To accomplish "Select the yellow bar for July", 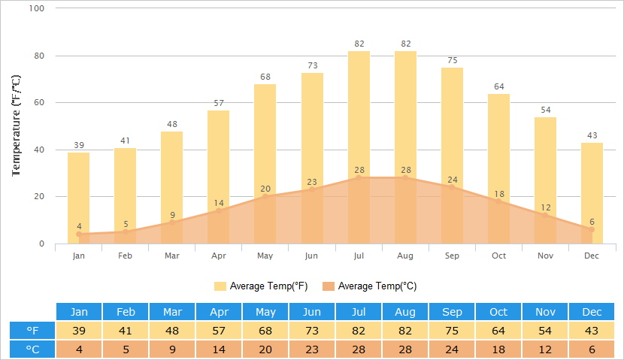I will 359,113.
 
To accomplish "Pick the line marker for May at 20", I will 265,197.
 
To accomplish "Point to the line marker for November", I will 545,216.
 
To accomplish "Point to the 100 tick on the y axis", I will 37,8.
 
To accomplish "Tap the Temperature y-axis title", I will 17,126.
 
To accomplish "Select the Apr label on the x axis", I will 219,256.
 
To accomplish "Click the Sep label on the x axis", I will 452,256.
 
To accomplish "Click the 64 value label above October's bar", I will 498,86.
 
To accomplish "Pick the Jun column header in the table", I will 312,312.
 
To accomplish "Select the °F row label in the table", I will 33,331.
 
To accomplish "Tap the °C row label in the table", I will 33,349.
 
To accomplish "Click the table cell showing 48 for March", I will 172,331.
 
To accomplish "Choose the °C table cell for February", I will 126,349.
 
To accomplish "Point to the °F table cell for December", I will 592,331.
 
